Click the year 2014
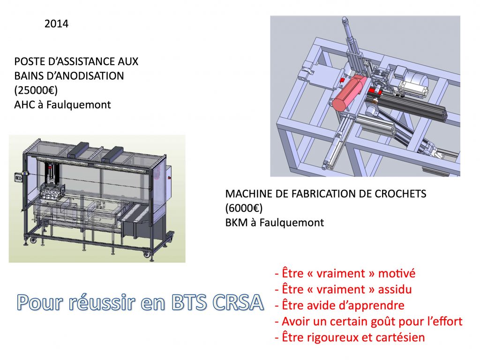tap(56, 24)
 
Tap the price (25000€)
tap(36, 90)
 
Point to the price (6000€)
tap(244, 208)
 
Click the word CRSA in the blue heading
tap(238, 302)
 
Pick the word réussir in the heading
tap(102, 302)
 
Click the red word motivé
tap(397, 273)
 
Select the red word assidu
tap(395, 289)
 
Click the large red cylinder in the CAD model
tap(349, 92)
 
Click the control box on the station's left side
tap(19, 178)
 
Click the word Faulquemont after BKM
tap(292, 223)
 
